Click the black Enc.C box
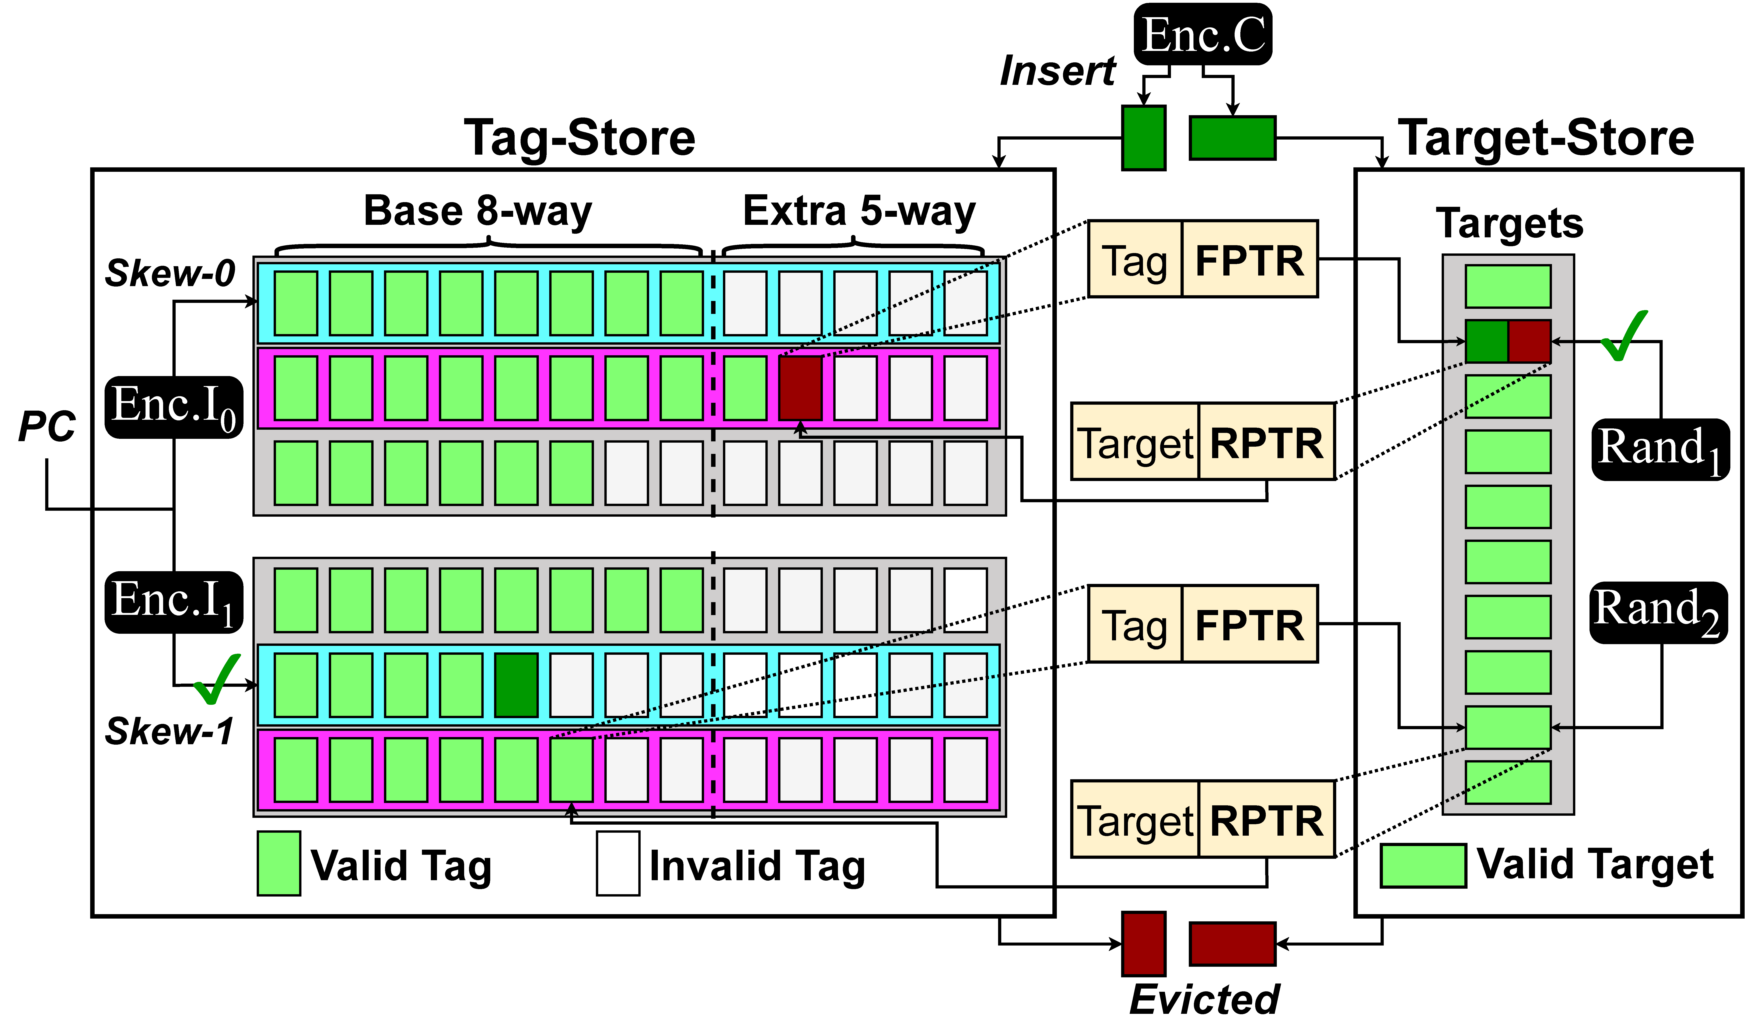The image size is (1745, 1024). tap(1203, 35)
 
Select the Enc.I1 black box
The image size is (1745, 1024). tap(174, 602)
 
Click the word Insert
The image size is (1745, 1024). tap(1057, 71)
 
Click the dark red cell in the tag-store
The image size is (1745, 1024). tap(801, 388)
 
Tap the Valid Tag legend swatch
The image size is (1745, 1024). tap(279, 863)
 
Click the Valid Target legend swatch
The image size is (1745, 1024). tap(1423, 865)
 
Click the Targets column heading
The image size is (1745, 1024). tap(1510, 224)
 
